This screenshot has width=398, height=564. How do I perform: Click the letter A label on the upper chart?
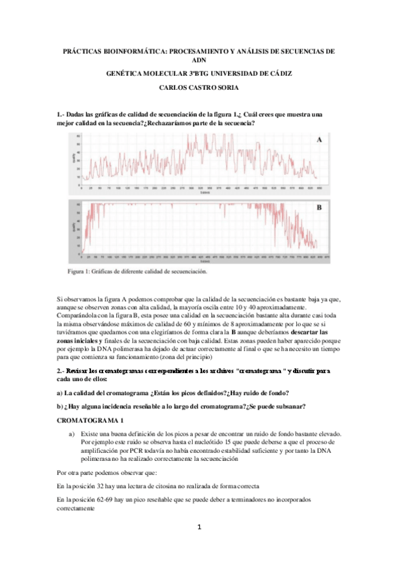(x=320, y=140)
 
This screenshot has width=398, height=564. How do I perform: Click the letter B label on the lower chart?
(x=319, y=208)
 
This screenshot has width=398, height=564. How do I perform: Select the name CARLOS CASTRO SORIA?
(x=199, y=87)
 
